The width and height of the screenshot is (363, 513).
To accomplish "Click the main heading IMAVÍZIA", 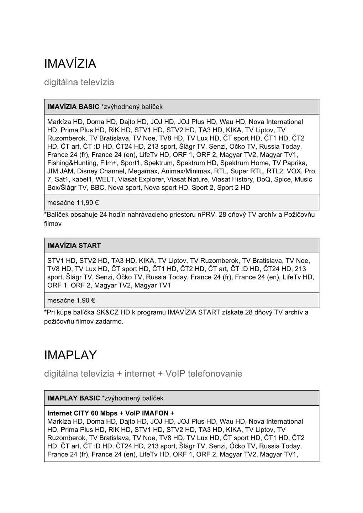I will coord(70,64).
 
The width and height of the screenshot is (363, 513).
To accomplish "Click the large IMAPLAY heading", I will coord(70,355).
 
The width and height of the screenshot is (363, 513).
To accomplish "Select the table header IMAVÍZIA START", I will coord(74,245).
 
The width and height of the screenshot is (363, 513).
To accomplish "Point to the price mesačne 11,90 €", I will coord(73,203).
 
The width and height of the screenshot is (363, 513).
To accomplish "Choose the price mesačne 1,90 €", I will coord(71,300).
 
